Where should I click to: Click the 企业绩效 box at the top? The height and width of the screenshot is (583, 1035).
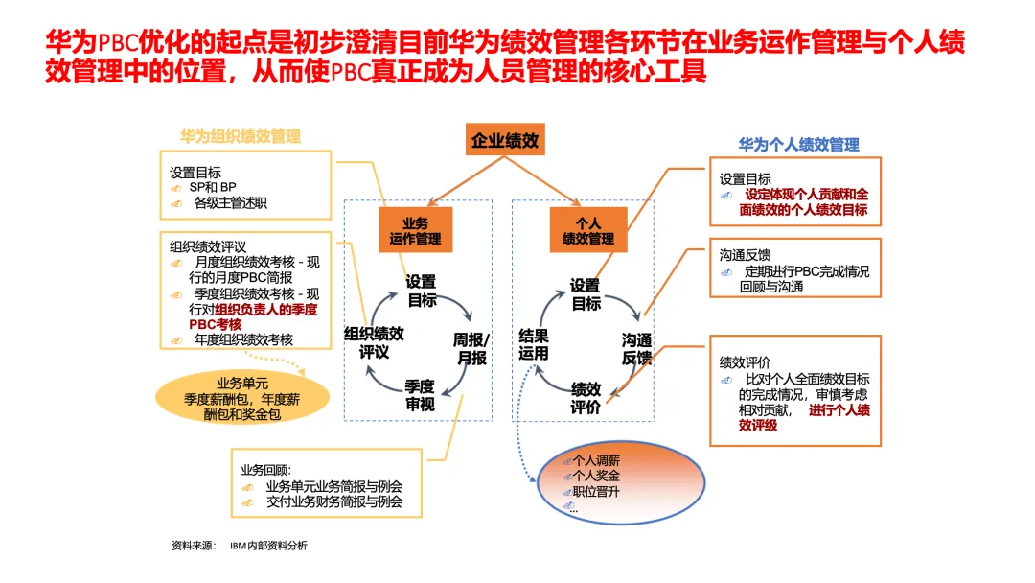click(x=505, y=141)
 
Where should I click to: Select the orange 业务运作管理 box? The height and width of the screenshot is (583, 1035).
click(x=415, y=230)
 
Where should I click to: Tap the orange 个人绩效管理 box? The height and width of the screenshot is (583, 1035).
click(x=588, y=230)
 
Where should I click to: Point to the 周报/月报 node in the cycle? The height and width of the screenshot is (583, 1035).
click(x=471, y=349)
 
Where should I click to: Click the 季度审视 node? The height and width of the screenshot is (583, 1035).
click(x=420, y=395)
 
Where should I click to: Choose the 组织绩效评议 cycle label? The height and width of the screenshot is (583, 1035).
click(x=374, y=342)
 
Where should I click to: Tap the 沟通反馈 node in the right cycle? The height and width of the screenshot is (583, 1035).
click(x=637, y=349)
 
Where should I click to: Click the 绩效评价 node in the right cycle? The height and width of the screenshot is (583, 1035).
click(x=586, y=398)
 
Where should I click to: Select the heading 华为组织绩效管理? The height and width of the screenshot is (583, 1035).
click(x=241, y=136)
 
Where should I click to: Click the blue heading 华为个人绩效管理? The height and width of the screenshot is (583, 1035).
click(x=798, y=145)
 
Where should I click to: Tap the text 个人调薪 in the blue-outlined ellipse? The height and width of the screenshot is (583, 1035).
click(x=596, y=460)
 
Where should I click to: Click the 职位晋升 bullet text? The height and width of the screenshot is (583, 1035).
click(x=596, y=492)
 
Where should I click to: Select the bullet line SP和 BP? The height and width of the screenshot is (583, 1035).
click(x=212, y=187)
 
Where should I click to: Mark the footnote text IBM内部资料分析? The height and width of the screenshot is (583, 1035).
click(x=268, y=546)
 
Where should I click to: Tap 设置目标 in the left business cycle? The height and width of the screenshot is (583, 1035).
click(x=422, y=291)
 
